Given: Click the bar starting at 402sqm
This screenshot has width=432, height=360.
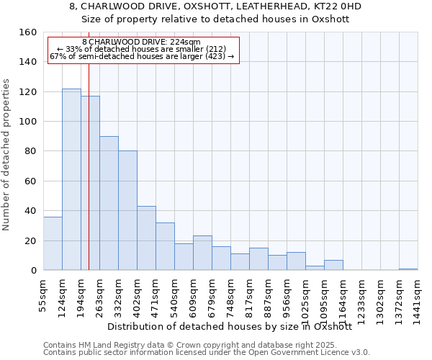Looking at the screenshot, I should pyautogui.click(x=146, y=238).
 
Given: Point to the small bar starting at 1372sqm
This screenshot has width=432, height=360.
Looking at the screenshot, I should pyautogui.click(x=408, y=269).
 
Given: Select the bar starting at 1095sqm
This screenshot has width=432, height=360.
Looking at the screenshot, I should pyautogui.click(x=333, y=265).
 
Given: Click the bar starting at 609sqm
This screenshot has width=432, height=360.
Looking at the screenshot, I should pyautogui.click(x=202, y=253).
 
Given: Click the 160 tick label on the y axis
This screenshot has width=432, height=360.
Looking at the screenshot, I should pyautogui.click(x=28, y=32).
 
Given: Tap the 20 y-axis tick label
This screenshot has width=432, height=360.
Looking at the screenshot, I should pyautogui.click(x=30, y=240).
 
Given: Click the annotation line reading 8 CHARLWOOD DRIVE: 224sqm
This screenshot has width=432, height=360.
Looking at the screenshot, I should pyautogui.click(x=141, y=42).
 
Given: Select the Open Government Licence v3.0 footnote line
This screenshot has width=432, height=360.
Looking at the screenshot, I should pyautogui.click(x=207, y=352).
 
